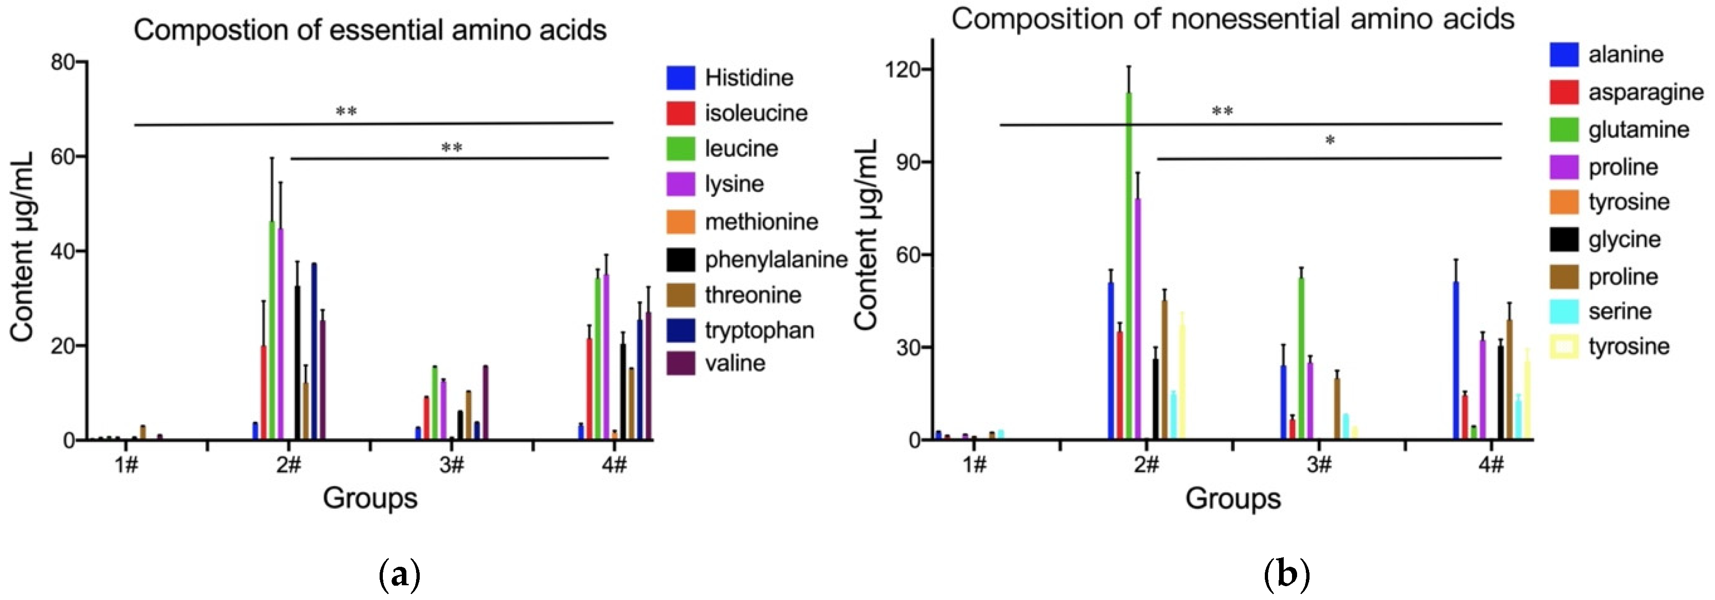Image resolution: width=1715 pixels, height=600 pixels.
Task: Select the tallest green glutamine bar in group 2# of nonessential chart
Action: point(1128,267)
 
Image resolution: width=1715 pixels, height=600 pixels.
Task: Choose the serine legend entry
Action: point(1619,311)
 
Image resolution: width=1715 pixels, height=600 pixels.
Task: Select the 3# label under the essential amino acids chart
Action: point(452,464)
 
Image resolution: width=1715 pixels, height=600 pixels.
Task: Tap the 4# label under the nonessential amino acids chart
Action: point(1491,464)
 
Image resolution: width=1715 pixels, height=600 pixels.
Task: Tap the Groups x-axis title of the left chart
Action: point(369,498)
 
